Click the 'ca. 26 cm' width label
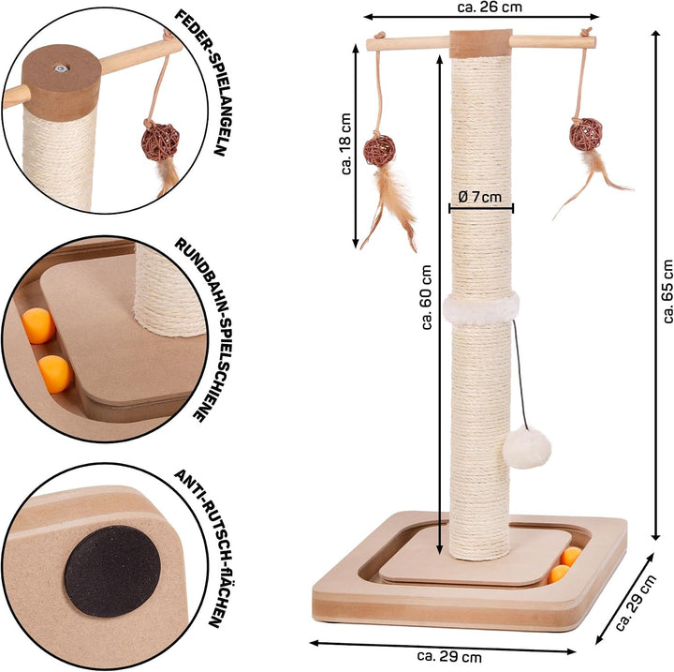(x=490, y=7)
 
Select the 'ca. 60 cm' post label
(x=427, y=297)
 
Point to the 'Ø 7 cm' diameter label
(x=480, y=197)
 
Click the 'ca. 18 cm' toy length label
(x=346, y=143)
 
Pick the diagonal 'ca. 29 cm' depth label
(x=636, y=603)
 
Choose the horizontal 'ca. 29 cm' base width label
(x=449, y=657)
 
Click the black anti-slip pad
(x=112, y=572)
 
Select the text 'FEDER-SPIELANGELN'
(x=200, y=82)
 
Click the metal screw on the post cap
(x=61, y=67)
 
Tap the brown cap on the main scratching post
(x=480, y=43)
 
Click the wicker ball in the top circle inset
(x=160, y=142)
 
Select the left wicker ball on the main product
(x=379, y=151)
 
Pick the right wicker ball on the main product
(x=586, y=135)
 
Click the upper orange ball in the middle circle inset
(x=38, y=326)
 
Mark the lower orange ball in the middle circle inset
(x=54, y=374)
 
